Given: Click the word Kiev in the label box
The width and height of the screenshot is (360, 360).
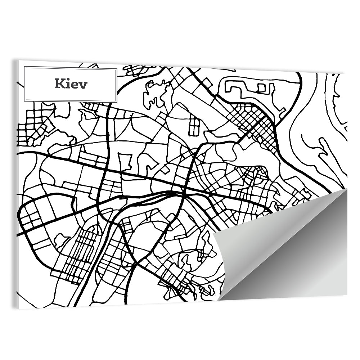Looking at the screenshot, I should pyautogui.click(x=71, y=84).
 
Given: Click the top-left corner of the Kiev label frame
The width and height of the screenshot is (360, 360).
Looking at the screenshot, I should pyautogui.click(x=24, y=67).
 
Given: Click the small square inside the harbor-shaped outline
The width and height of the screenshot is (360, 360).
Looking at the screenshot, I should pyautogui.click(x=262, y=87).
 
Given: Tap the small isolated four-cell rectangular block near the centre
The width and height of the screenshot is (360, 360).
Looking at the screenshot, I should pyautogui.click(x=194, y=126).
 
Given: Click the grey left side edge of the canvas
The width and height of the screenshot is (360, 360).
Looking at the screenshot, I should pyautogui.click(x=17, y=180).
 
